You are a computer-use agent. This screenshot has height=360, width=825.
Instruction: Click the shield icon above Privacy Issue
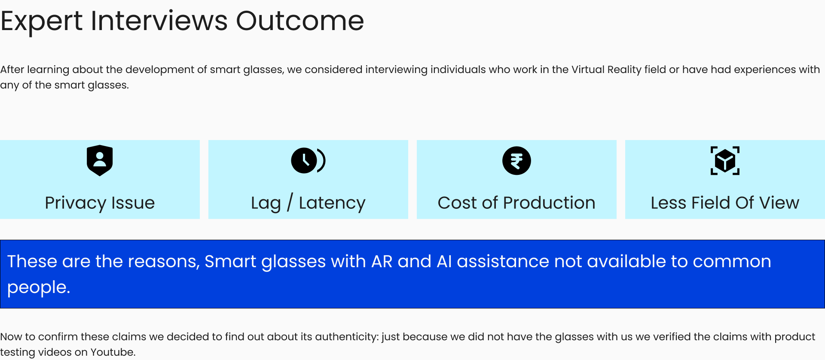pos(100,160)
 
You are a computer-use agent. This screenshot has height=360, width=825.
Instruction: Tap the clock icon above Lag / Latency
pos(308,160)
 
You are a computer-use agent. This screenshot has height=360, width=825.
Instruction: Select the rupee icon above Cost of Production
pos(516,161)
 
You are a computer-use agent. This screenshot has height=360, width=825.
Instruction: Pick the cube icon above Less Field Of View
pos(725,161)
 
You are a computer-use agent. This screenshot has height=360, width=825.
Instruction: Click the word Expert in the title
pos(42,21)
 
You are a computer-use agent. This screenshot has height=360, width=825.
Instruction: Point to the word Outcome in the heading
pos(300,21)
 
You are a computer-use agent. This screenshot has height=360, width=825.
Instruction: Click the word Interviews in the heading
pos(159,21)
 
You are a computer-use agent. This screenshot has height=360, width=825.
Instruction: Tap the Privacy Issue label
pos(100,203)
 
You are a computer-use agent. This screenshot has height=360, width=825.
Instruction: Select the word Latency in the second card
pos(332,203)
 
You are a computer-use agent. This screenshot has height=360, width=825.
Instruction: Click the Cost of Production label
pos(516,203)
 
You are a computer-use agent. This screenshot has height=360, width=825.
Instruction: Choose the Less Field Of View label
pos(725,203)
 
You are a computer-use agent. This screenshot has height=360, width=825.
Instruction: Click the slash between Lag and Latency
pos(290,202)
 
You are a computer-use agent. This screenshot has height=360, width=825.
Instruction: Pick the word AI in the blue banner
pos(444,261)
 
